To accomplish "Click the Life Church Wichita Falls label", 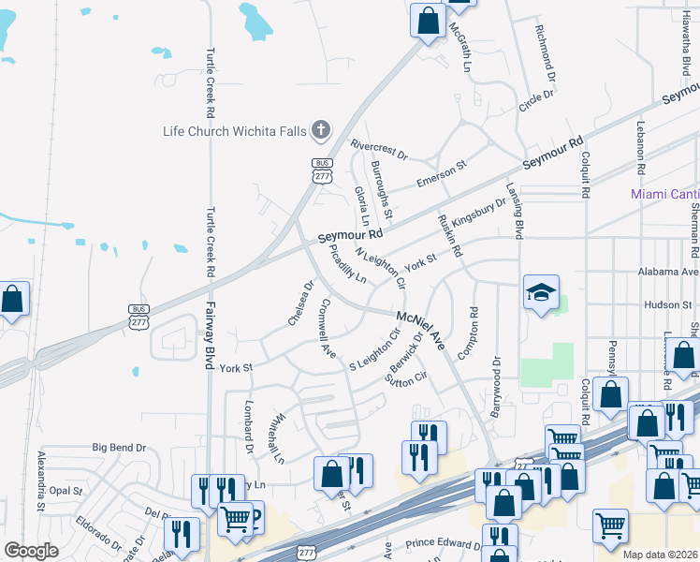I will [234, 131].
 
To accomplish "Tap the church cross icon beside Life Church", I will [321, 130].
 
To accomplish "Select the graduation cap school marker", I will [541, 293].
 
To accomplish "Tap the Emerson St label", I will [441, 170].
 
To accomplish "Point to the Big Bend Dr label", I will [119, 449].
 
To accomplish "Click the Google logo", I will [31, 551].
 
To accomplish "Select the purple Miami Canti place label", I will [664, 194].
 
